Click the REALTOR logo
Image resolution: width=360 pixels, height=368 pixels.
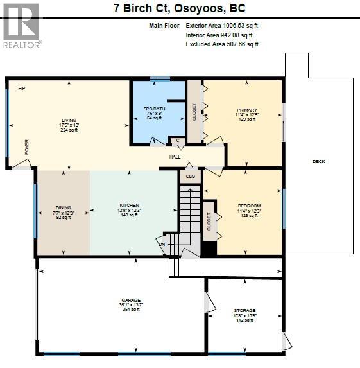[x=22, y=26]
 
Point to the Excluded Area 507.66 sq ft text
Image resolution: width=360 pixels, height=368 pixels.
[x=221, y=44]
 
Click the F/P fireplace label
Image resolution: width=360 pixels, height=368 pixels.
[x=21, y=87]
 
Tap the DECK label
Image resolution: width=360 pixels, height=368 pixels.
[x=319, y=161]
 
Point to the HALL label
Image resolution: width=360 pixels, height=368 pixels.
[x=175, y=157]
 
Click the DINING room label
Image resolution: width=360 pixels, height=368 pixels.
[x=63, y=208]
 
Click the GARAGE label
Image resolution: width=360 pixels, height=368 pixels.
[x=131, y=300]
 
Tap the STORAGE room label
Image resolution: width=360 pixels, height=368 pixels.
[x=244, y=310]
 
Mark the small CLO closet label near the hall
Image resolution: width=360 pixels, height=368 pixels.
[x=190, y=175]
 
